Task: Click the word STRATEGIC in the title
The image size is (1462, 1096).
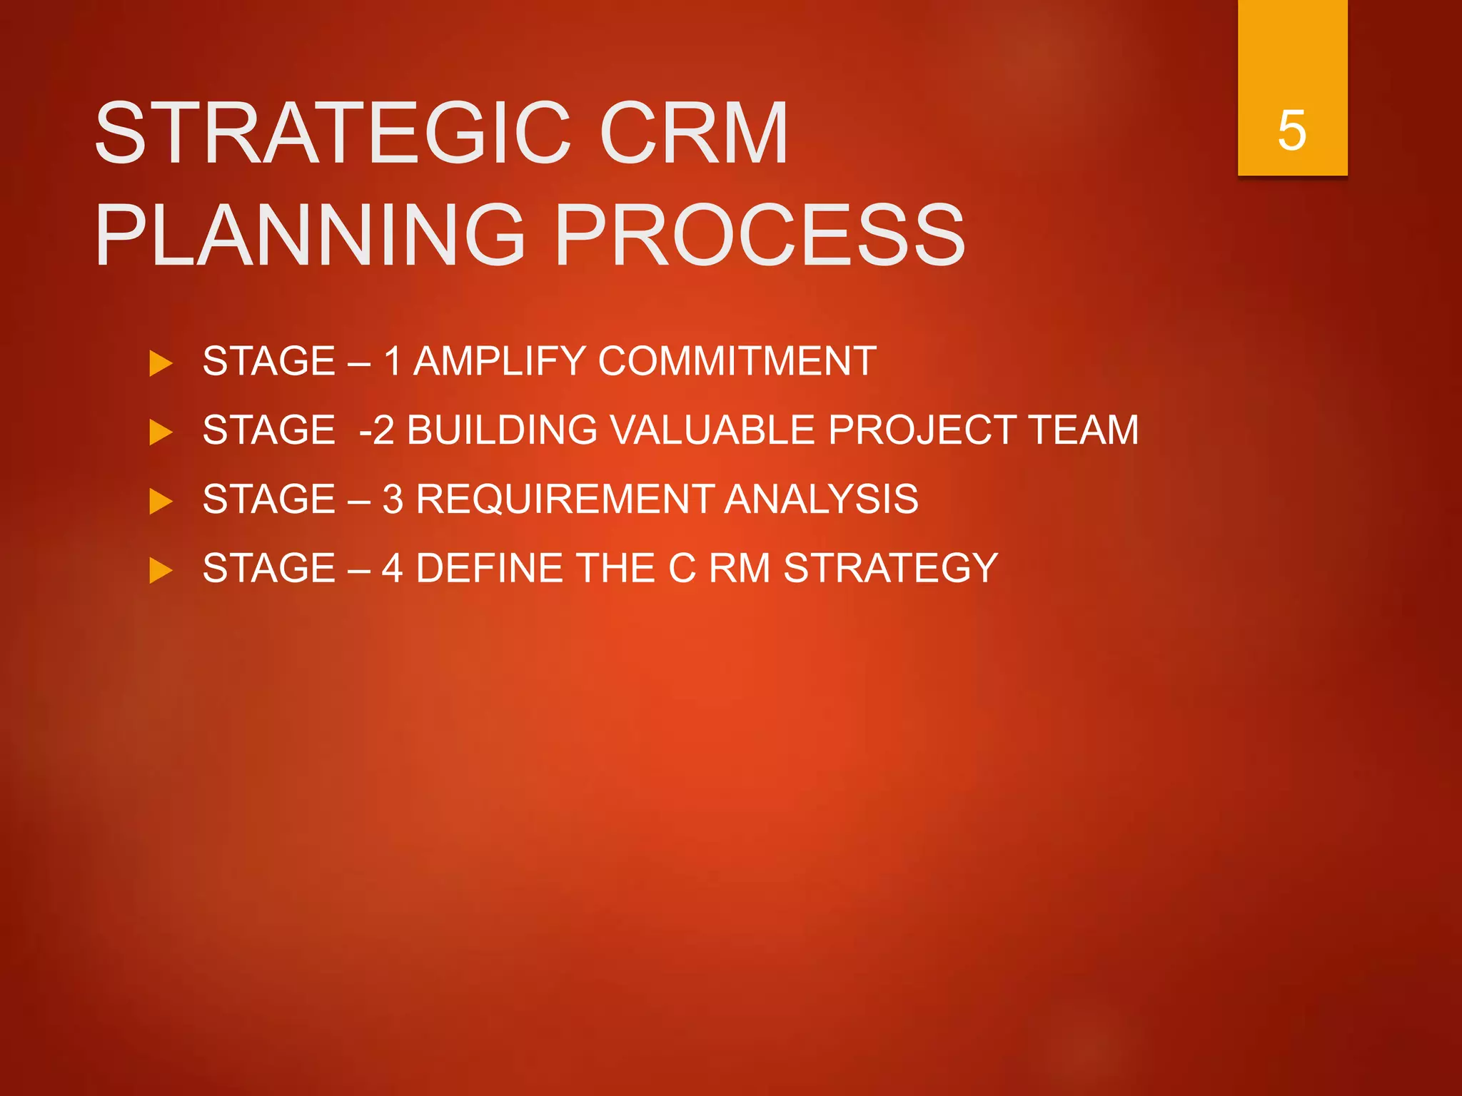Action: [x=332, y=133]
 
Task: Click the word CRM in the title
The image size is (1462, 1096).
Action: [x=693, y=133]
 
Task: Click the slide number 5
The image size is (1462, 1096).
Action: [x=1292, y=131]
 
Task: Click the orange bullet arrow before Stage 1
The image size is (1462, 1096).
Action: [x=161, y=363]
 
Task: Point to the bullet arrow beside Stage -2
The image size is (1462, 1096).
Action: [x=161, y=432]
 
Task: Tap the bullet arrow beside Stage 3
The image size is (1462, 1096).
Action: [x=161, y=501]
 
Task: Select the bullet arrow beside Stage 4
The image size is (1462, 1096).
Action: [x=161, y=570]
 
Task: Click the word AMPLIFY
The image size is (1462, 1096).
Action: [x=499, y=361]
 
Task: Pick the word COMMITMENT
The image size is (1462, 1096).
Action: [x=737, y=361]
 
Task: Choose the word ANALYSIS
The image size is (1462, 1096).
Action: [x=822, y=499]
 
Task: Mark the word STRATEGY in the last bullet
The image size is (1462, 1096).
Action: [x=890, y=568]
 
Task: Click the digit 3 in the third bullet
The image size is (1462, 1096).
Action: [x=393, y=499]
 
